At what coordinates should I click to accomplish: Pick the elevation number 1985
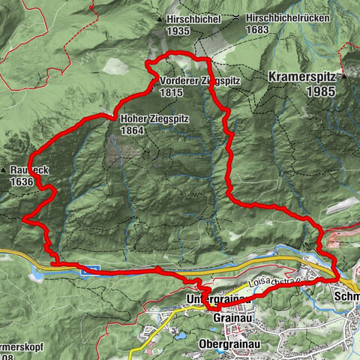[x=319, y=91]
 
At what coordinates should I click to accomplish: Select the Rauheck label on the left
[x=31, y=171]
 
